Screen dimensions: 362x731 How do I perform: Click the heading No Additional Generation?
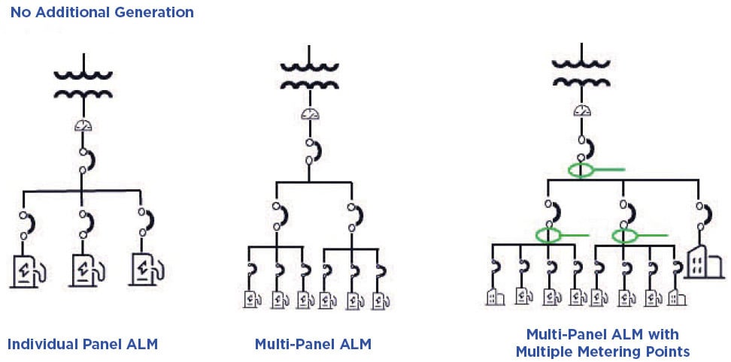[x=102, y=13]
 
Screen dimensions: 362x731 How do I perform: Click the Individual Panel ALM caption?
[x=83, y=345]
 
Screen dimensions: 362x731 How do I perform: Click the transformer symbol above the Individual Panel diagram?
[x=83, y=84]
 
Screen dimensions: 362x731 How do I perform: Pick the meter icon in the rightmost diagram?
[x=581, y=110]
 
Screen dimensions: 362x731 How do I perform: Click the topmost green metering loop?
[x=584, y=170]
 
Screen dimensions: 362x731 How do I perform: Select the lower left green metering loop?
[x=549, y=236]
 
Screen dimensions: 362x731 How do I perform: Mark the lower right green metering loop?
[x=624, y=236]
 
